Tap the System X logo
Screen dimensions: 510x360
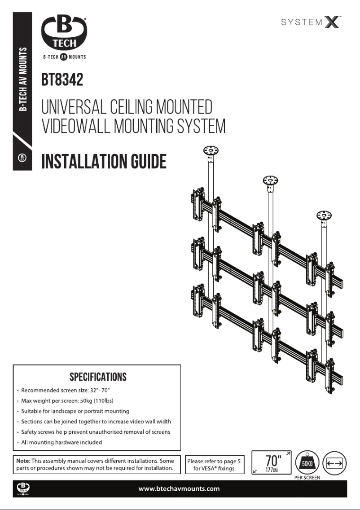coord(311,22)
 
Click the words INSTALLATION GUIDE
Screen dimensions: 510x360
coord(104,161)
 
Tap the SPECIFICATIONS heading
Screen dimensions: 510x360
coord(98,376)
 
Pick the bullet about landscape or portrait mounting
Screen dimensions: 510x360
coord(75,411)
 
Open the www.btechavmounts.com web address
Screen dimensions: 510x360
coord(180,488)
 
